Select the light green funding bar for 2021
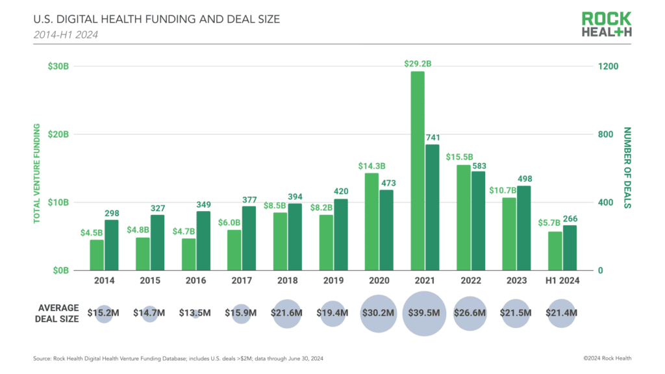[x=418, y=171]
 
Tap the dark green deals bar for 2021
[x=432, y=207]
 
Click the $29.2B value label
[x=418, y=64]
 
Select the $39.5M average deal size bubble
[x=425, y=314]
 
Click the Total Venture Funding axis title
[x=37, y=173]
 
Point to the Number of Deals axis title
[x=628, y=168]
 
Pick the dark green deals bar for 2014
[x=112, y=245]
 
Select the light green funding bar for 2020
[x=371, y=221]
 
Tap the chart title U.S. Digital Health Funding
[x=156, y=19]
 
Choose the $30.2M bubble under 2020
[x=378, y=314]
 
